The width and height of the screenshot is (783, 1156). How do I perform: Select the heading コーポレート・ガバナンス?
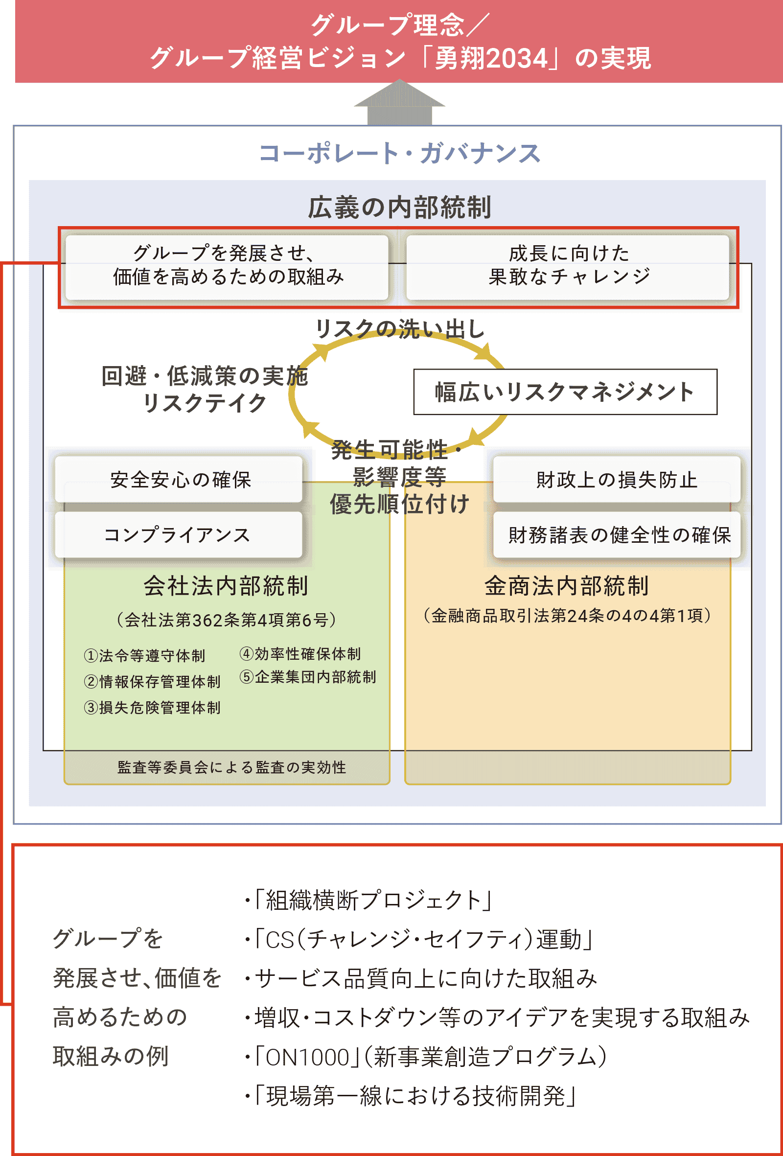coord(399,153)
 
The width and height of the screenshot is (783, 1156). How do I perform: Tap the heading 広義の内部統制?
coord(399,208)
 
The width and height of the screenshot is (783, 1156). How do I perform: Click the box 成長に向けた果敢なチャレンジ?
coord(568,267)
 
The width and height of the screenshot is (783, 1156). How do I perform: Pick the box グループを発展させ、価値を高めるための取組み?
coord(227,267)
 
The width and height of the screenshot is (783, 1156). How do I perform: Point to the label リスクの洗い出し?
coord(399,329)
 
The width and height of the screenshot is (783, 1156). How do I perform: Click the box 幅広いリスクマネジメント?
coord(565,392)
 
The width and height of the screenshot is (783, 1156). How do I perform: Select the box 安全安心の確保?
coord(179,480)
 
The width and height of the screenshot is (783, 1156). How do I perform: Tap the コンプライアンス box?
coord(179,535)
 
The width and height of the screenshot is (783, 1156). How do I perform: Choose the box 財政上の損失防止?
coord(616,480)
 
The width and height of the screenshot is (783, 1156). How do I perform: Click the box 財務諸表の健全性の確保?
coord(616,535)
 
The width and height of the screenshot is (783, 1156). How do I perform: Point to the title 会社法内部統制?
coord(227,585)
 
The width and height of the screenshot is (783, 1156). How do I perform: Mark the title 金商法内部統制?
coord(567,585)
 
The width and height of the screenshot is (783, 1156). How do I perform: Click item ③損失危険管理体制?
coord(152,707)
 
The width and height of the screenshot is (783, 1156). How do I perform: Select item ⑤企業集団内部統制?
coord(308,676)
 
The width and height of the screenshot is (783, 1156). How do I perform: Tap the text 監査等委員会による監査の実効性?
coord(232,767)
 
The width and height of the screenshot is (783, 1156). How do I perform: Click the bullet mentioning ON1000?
coord(426,1057)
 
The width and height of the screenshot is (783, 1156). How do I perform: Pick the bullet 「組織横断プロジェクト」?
coord(368,900)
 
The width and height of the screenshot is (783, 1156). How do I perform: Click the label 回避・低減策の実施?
coord(205,375)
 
